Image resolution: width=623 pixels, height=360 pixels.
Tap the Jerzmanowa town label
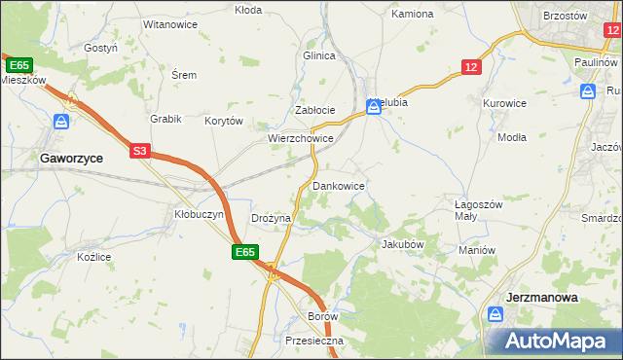[x=543, y=298]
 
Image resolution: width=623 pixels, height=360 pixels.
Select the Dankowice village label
[x=338, y=185]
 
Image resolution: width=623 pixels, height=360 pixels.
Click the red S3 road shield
[x=141, y=151]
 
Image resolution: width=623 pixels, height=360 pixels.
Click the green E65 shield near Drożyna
[x=244, y=252]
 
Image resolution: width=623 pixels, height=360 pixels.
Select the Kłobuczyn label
[x=199, y=213]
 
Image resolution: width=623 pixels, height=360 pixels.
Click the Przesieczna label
[x=314, y=342]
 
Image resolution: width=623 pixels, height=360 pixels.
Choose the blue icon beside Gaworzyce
[x=61, y=122]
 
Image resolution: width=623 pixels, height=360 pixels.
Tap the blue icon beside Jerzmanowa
[x=495, y=315]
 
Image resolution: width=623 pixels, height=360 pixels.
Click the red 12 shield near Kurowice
[x=471, y=66]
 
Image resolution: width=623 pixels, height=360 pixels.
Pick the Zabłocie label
[x=315, y=110]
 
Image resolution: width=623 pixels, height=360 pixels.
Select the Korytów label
[x=223, y=122]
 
